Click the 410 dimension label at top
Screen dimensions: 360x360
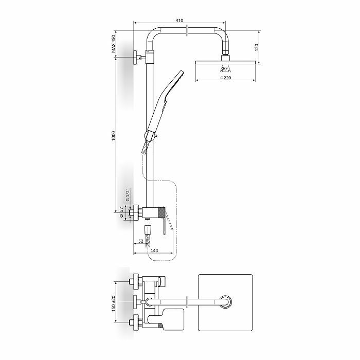pos(179,21)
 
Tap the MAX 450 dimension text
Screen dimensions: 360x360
pos(114,44)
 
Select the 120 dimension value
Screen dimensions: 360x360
pos(257,47)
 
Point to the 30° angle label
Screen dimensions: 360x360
pos(225,68)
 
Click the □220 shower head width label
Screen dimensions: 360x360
pos(226,78)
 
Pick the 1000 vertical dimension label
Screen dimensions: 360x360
pos(114,136)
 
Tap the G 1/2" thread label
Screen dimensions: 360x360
pos(128,195)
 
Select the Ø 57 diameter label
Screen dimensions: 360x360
pos(121,212)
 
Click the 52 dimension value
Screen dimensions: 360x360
pos(141,241)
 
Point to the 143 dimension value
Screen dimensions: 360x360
pos(154,250)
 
